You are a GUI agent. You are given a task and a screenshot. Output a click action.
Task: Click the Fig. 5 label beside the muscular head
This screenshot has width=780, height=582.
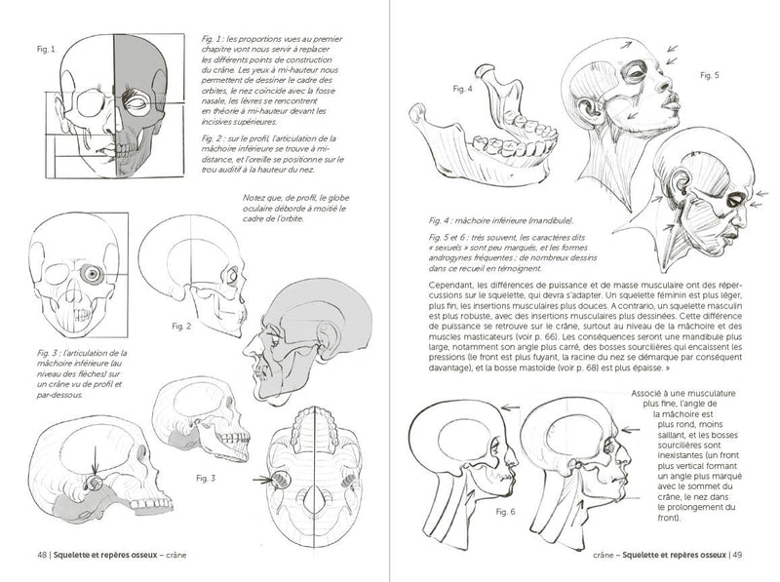709,75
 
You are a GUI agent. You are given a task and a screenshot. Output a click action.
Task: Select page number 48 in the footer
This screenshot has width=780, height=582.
42,557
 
